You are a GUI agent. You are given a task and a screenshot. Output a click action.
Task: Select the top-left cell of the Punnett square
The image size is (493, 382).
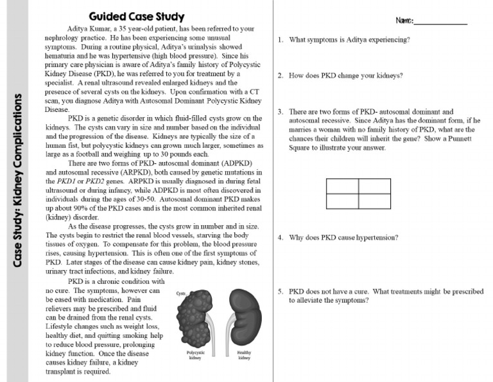click(342, 185)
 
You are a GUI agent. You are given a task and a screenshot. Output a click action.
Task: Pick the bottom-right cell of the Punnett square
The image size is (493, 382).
click(374, 201)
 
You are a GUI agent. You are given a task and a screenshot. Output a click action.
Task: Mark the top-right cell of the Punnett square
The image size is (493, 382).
click(374, 185)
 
